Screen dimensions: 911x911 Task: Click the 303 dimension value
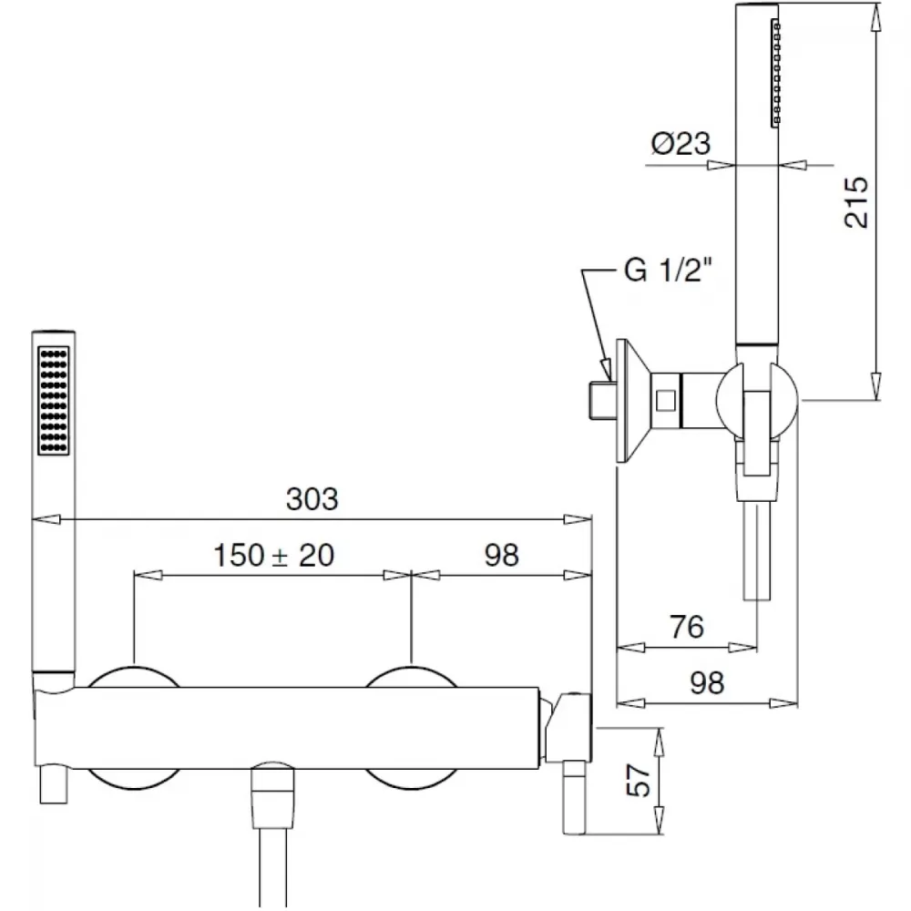pos(312,499)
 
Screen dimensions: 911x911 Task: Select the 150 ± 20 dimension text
pos(274,555)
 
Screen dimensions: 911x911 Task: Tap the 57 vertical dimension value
pos(639,780)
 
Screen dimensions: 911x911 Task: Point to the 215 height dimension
pos(855,202)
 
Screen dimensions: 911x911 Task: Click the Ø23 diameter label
pos(681,143)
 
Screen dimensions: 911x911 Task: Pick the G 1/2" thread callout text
pos(668,270)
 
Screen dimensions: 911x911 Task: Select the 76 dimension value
pos(687,627)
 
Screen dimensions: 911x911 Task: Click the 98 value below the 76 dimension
pos(707,682)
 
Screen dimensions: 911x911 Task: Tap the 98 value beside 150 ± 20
pos(501,555)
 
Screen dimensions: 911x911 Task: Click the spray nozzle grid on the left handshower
pos(54,400)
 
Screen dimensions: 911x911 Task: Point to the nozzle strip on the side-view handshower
pos(775,73)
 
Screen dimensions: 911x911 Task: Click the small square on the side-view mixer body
pos(666,401)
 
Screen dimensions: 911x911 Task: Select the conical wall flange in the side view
pos(633,401)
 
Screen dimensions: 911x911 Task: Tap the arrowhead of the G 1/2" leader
pos(606,370)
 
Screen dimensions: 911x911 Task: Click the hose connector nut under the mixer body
pos(271,796)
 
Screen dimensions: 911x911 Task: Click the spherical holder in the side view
pos(757,401)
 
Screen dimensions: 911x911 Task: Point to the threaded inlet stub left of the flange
pos(602,400)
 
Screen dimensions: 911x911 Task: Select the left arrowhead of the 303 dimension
pos(46,519)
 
